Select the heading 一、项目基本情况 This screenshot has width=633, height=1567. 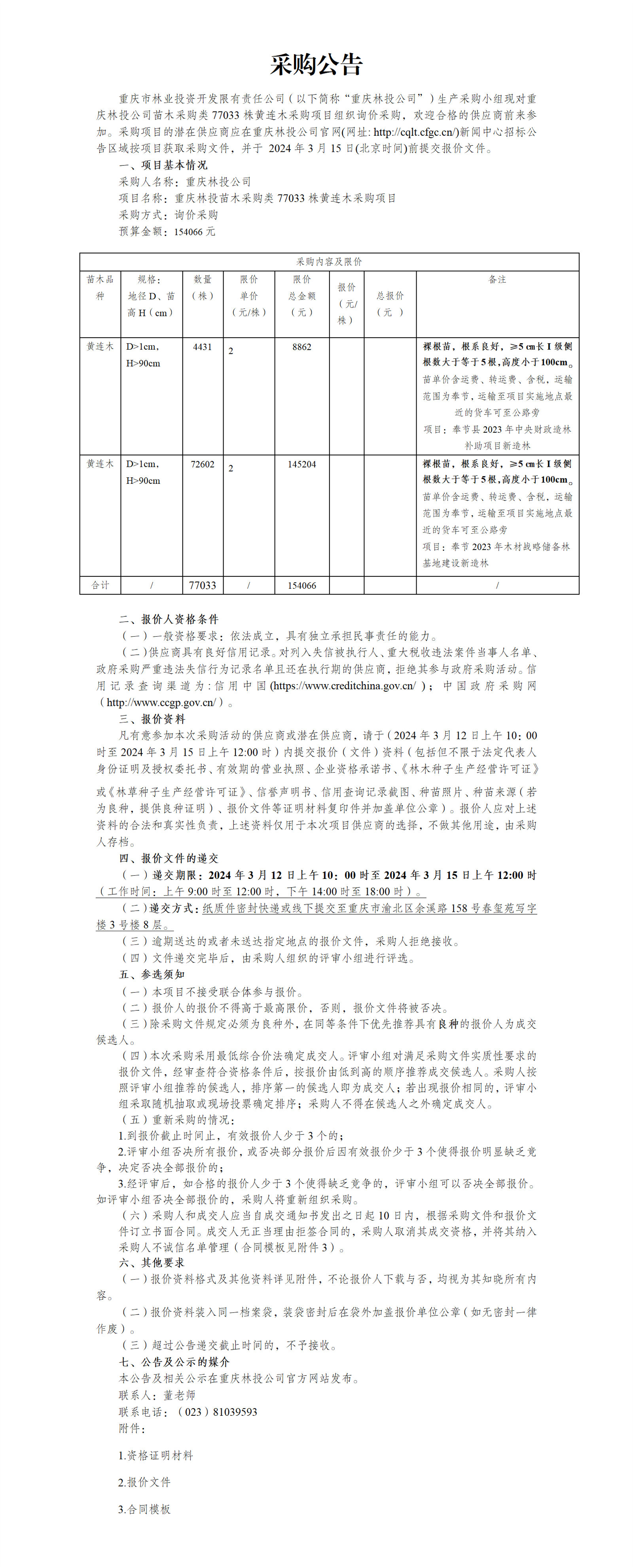click(163, 165)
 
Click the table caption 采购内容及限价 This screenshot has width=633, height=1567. click(329, 262)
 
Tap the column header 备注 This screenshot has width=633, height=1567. click(497, 279)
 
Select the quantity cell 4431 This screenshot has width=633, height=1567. click(203, 347)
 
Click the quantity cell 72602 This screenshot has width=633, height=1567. click(203, 464)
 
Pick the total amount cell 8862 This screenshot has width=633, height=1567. click(301, 347)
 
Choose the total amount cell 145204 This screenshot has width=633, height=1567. click(301, 464)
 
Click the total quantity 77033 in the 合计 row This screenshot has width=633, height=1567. click(203, 585)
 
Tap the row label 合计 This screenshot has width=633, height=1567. click(100, 585)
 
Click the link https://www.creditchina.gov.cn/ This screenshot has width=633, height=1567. click(345, 686)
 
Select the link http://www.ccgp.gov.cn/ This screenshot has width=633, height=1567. click(161, 702)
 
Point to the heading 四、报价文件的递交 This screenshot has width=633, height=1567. click(169, 858)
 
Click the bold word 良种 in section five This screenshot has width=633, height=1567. click(448, 1024)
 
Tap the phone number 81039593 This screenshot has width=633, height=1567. click(235, 1412)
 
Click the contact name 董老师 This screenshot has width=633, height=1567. click(179, 1395)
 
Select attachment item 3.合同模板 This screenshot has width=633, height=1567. click(144, 1509)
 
